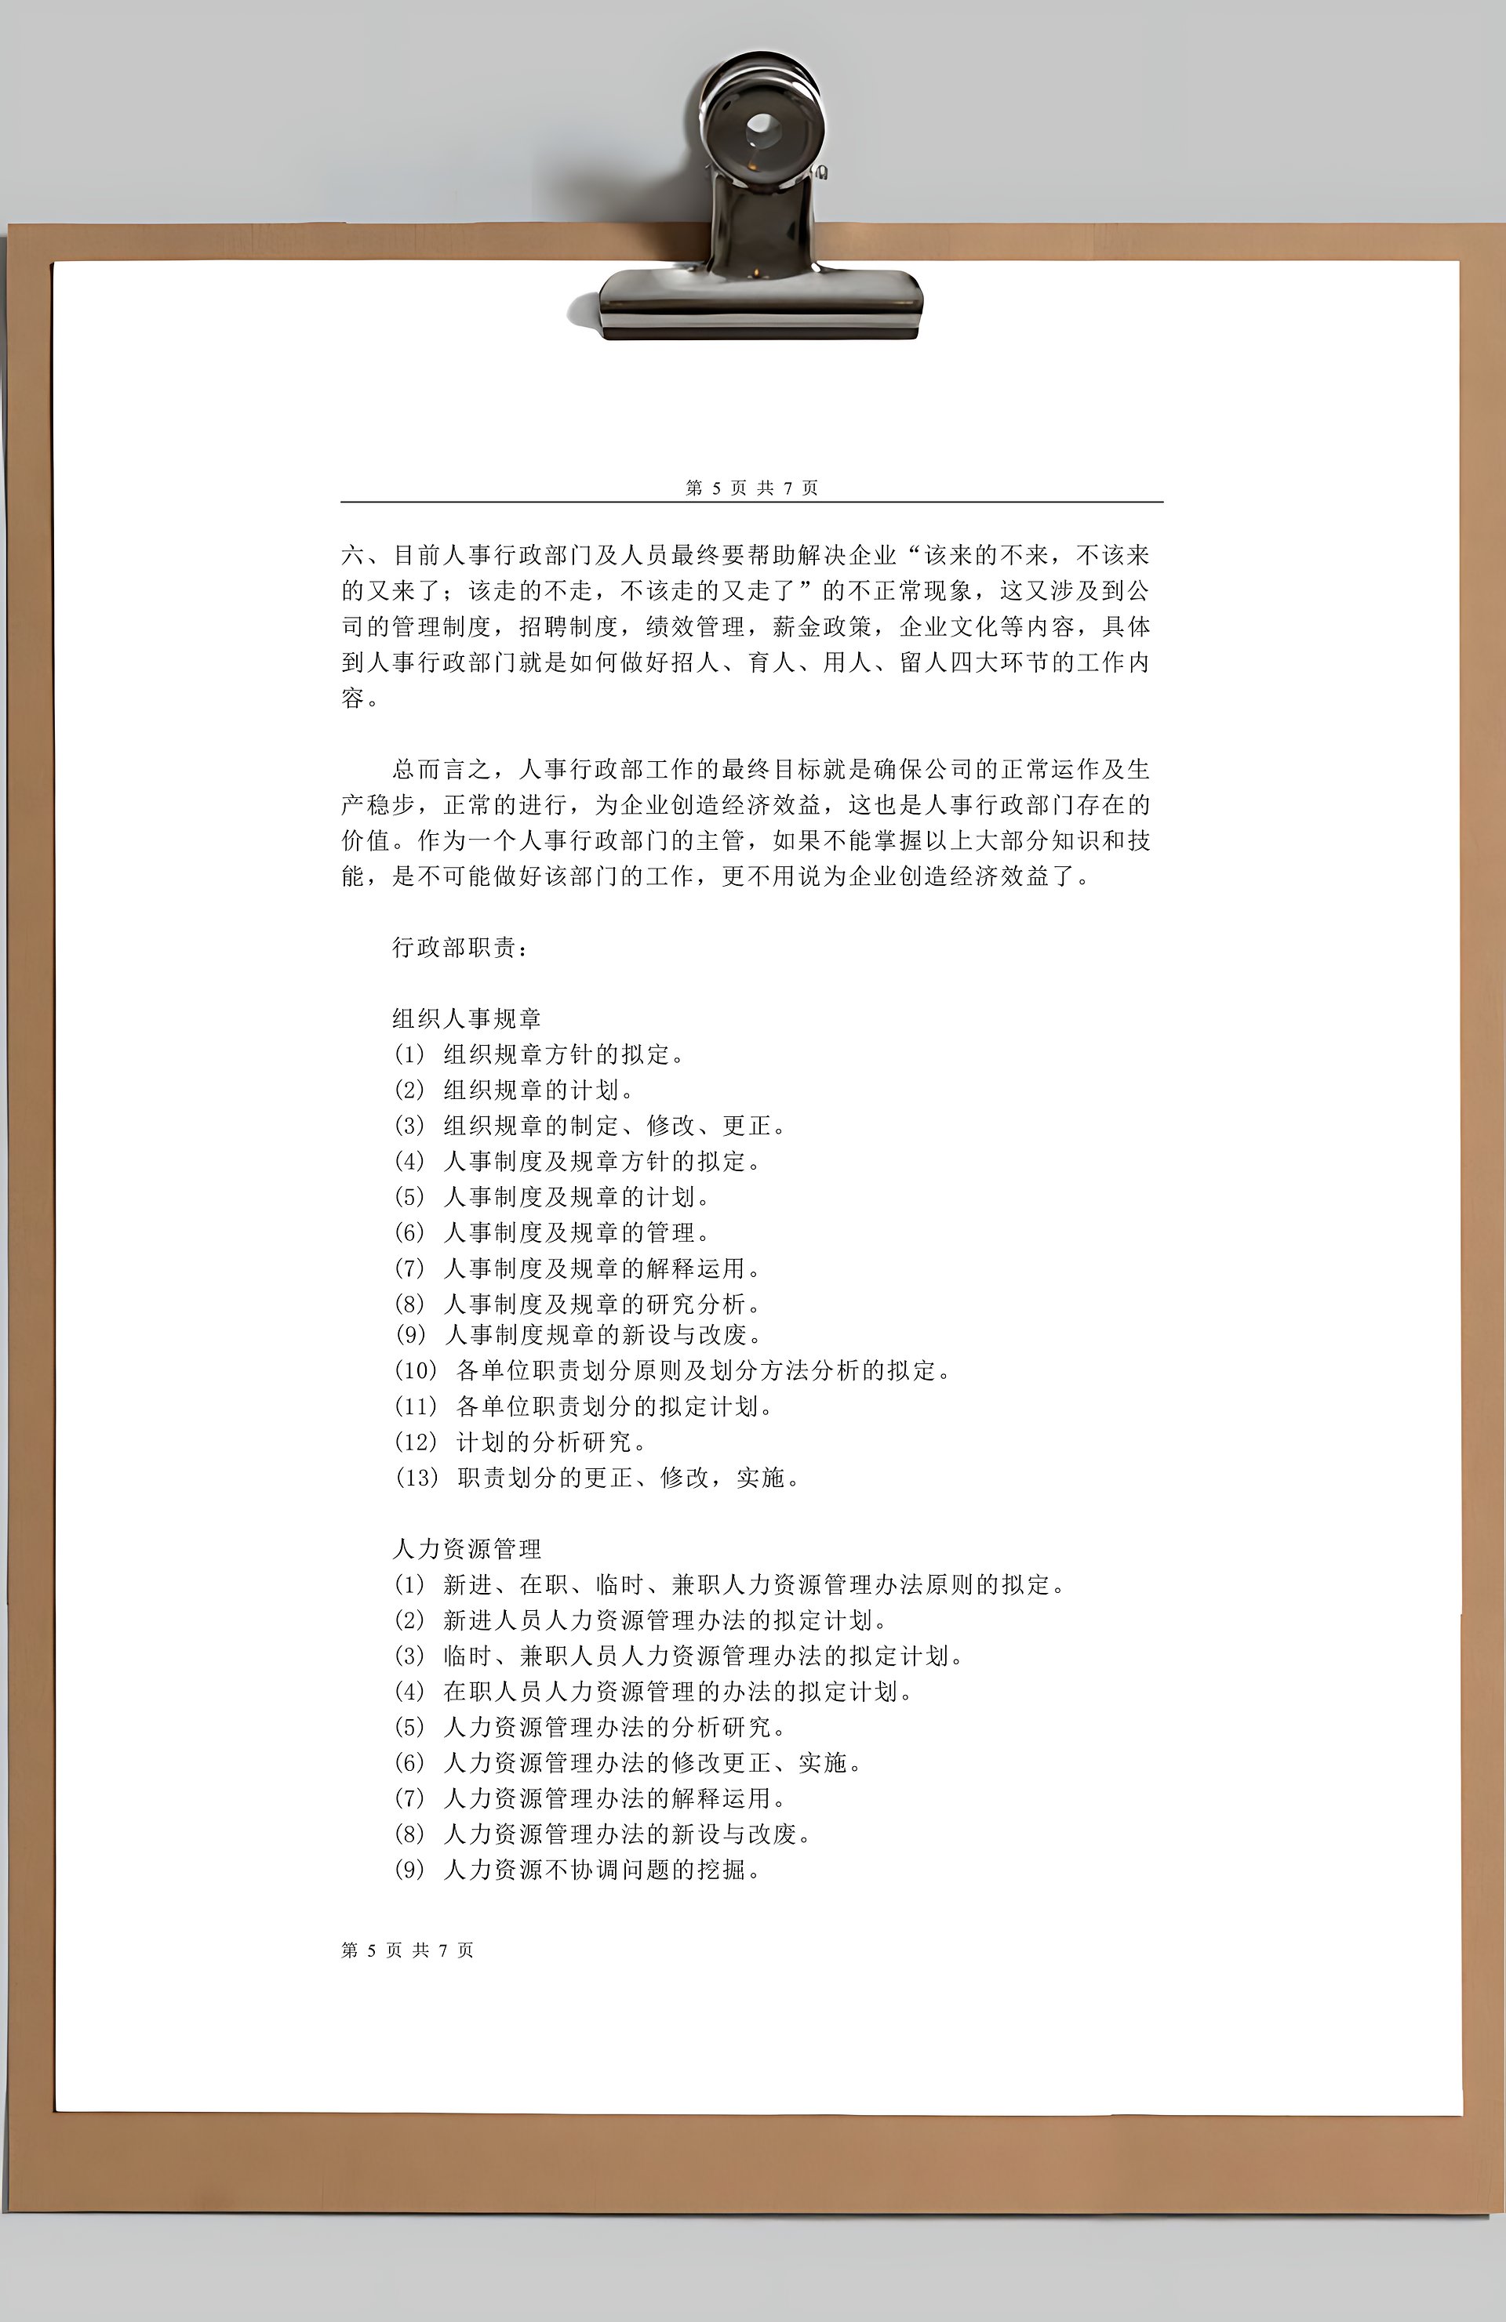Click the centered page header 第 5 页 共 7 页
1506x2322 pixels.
751,488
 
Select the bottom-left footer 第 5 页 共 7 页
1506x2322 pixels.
408,1950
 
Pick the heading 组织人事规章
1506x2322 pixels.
467,1018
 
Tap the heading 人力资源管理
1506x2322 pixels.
467,1548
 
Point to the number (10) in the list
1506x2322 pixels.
417,1371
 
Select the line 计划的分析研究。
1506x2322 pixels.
551,1442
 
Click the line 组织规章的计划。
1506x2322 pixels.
539,1090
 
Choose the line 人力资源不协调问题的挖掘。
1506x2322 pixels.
602,1870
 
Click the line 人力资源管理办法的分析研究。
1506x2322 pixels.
615,1727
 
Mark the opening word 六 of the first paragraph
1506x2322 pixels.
352,556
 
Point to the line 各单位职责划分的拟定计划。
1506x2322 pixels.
615,1406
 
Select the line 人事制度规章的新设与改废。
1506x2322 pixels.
602,1335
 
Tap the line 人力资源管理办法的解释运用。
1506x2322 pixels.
615,1798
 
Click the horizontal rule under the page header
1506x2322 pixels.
751,502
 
